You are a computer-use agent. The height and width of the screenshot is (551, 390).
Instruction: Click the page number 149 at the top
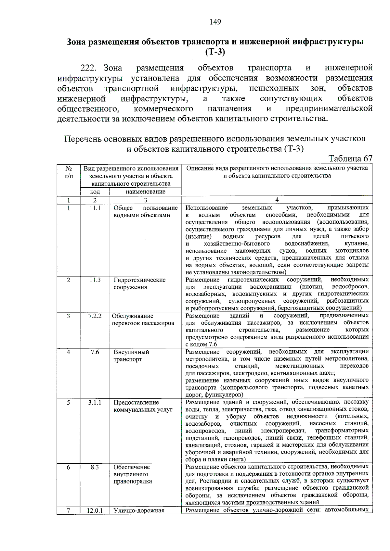pyautogui.click(x=215, y=22)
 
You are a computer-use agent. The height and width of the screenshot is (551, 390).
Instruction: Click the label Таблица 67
pyautogui.click(x=350, y=159)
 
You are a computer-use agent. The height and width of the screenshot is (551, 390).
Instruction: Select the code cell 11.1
pyautogui.click(x=95, y=208)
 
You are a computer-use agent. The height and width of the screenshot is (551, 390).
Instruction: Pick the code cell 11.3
pyautogui.click(x=95, y=280)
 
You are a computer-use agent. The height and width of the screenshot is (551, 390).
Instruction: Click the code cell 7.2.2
pyautogui.click(x=95, y=316)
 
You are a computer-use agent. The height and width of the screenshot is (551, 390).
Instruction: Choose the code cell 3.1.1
pyautogui.click(x=95, y=403)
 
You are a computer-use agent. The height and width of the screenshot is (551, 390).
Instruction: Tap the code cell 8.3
pyautogui.click(x=95, y=467)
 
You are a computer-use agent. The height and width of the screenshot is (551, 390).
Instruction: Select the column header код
pyautogui.click(x=95, y=192)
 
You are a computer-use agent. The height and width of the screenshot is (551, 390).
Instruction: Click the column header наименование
pyautogui.click(x=146, y=192)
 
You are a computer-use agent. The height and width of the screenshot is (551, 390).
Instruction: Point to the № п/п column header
pyautogui.click(x=69, y=172)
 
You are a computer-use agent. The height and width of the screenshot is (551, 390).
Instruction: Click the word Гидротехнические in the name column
pyautogui.click(x=139, y=280)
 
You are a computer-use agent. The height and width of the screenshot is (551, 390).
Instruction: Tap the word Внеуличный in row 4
pyautogui.click(x=131, y=352)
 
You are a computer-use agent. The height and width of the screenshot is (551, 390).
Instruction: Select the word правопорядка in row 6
pyautogui.click(x=133, y=482)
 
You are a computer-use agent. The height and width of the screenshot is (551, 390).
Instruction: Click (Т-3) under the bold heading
pyautogui.click(x=215, y=52)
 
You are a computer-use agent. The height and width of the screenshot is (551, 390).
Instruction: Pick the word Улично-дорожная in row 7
pyautogui.click(x=139, y=511)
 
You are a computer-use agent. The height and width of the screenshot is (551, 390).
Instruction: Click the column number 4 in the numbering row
pyautogui.click(x=277, y=200)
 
